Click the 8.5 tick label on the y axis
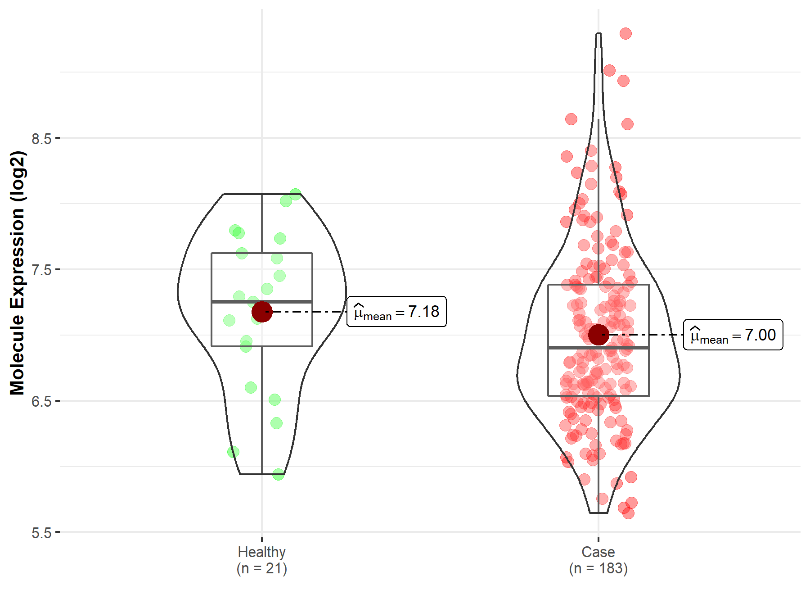pos(41,138)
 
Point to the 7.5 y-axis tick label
pos(41,270)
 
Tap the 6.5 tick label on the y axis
pos(41,401)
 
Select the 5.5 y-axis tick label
pos(41,533)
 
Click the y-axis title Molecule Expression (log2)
pos(17,273)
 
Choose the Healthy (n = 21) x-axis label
pos(262,560)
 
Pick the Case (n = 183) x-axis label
pos(598,560)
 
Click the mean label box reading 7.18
pos(396,312)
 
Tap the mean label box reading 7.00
pos(733,335)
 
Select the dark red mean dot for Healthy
pos(262,312)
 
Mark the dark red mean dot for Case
pos(598,335)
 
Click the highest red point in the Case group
pos(625,33)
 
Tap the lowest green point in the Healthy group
pos(278,474)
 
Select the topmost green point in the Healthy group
pos(295,195)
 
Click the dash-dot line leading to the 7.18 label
pos(310,312)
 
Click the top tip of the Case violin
pos(598,33)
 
